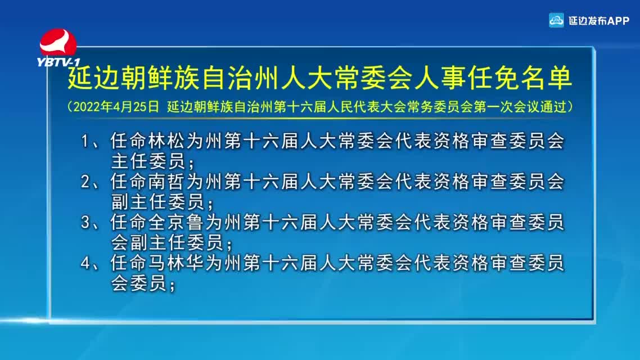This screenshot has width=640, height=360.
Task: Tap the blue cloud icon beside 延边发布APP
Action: coord(556,20)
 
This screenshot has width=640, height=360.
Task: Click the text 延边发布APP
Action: coord(599,21)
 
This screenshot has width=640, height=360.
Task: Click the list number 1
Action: coord(85,141)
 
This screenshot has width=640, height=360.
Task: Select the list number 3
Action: coord(85,223)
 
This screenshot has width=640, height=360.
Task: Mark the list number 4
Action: coord(85,263)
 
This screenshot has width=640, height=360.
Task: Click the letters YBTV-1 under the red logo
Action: coord(58,62)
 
